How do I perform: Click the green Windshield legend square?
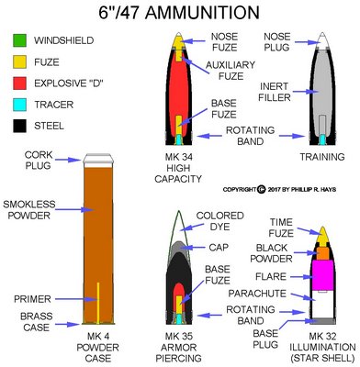point(18,41)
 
